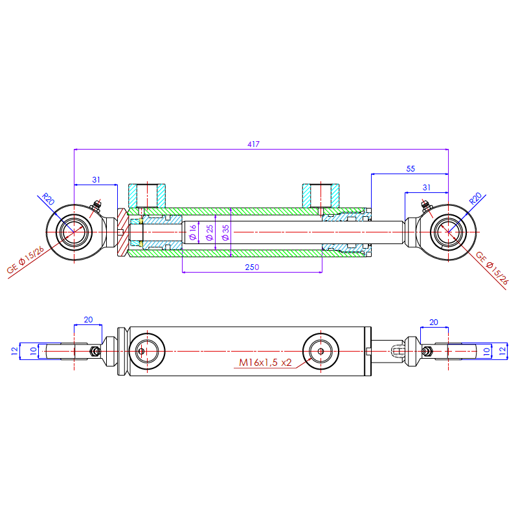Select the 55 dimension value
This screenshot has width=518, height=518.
[x=411, y=168]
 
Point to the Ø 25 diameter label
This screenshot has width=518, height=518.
[x=209, y=233]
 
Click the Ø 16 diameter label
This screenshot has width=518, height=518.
[x=193, y=232]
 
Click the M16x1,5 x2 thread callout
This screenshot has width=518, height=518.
[x=265, y=363]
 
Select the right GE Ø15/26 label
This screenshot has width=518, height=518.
[x=492, y=268]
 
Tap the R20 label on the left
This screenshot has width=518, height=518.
[x=47, y=199]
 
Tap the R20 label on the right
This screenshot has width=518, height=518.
[x=475, y=199]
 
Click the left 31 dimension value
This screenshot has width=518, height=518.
[x=96, y=179]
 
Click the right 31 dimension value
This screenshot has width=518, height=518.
[x=425, y=187]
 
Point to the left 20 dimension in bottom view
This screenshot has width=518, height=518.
[x=88, y=320]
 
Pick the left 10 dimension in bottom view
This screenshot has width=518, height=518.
[x=34, y=350]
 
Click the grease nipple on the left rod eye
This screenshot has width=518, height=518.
[x=97, y=206]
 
